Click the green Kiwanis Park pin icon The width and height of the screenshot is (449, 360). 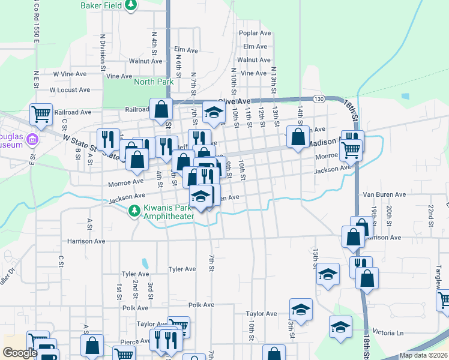click(x=134, y=211)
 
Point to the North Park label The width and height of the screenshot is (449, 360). click(x=153, y=82)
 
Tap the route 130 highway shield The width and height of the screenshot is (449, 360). click(x=319, y=98)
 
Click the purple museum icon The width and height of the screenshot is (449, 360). click(x=32, y=140)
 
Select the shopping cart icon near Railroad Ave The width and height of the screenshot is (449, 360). click(x=41, y=113)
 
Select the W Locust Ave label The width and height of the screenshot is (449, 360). click(x=70, y=90)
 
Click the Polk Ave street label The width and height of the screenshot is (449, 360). click(x=201, y=305)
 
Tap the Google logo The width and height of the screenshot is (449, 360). click(x=20, y=353)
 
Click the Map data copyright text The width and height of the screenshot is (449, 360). click(x=423, y=355)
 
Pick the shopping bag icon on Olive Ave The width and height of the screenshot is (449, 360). click(x=161, y=109)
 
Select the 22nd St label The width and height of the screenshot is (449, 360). click(x=431, y=211)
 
